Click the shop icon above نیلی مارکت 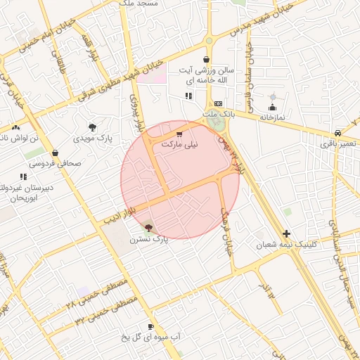(179, 134)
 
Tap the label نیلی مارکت (180, 143)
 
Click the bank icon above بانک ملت (217, 103)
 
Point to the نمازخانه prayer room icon (272, 108)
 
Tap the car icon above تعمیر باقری (338, 133)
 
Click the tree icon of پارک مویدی (92, 127)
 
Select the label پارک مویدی (92, 137)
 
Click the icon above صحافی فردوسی (55, 153)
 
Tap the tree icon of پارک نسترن (148, 226)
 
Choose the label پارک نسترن (148, 239)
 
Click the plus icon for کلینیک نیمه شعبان (286, 233)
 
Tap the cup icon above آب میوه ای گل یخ (150, 327)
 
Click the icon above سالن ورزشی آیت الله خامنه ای (206, 60)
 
